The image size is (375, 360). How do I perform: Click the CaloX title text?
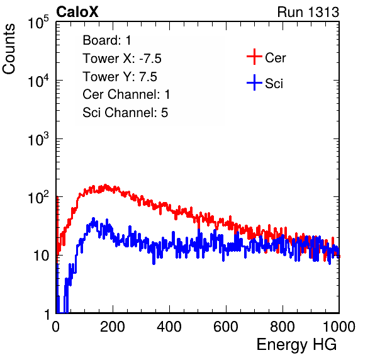(x=77, y=12)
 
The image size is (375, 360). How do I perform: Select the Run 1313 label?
(x=308, y=12)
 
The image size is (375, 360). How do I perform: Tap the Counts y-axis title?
(x=9, y=49)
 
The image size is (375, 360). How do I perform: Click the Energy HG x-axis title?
(x=296, y=345)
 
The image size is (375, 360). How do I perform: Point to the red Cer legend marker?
(x=254, y=57)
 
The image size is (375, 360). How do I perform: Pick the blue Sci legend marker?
(x=254, y=82)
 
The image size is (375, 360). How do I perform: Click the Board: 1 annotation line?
(x=107, y=40)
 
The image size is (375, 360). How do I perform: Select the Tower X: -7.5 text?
(x=122, y=59)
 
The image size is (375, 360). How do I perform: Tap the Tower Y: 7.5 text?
(x=120, y=77)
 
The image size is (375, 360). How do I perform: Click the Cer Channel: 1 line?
(x=126, y=94)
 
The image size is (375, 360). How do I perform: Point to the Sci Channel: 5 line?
(x=125, y=113)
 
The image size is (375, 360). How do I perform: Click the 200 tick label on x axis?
(x=113, y=327)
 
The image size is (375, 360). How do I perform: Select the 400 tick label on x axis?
(x=169, y=327)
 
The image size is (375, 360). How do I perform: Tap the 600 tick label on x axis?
(x=226, y=327)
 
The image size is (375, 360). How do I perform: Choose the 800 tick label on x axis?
(x=283, y=327)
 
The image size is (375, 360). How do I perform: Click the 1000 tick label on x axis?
(x=339, y=327)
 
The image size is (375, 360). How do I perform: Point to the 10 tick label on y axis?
(x=41, y=256)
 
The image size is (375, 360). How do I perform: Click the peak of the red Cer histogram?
(x=105, y=185)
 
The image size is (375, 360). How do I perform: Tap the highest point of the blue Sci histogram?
(x=94, y=218)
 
